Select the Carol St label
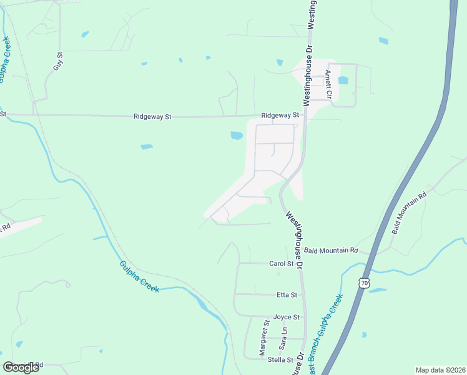click(x=277, y=264)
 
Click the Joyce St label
click(x=287, y=317)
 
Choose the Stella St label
click(x=280, y=360)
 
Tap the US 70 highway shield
click(x=365, y=283)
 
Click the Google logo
click(x=21, y=367)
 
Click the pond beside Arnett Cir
click(x=343, y=80)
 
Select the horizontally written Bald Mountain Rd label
click(x=332, y=251)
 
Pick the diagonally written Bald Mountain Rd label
click(x=409, y=212)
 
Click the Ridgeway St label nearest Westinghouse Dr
click(x=281, y=116)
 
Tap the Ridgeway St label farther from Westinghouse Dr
click(x=152, y=117)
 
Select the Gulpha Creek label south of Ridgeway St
click(x=139, y=277)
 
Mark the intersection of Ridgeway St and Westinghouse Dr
click(x=306, y=115)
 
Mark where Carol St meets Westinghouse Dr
click(x=302, y=264)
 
